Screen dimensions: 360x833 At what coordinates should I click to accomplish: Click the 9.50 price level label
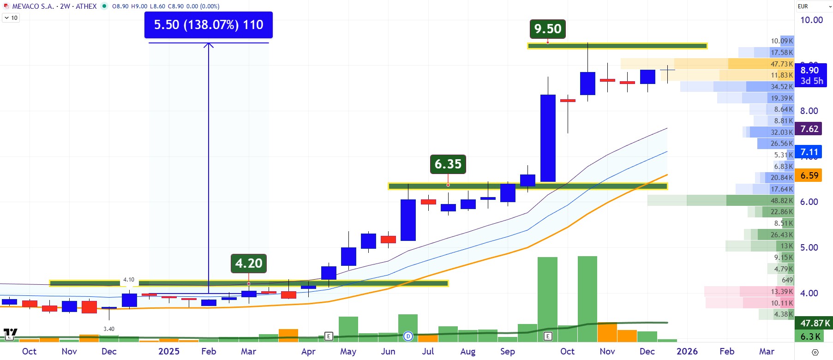point(547,29)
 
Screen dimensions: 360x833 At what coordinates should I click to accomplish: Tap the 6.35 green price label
point(448,164)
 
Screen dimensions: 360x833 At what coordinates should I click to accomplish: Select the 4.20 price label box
point(248,264)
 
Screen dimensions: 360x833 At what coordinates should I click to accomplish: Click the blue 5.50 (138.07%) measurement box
point(208,25)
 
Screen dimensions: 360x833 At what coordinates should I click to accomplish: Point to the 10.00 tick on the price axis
point(811,20)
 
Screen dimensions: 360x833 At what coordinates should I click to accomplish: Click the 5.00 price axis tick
point(809,247)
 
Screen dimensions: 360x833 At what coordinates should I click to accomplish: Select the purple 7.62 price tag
point(809,129)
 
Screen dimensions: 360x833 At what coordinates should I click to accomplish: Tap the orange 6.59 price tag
point(809,175)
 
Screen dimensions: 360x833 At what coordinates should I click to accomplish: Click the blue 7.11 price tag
point(809,152)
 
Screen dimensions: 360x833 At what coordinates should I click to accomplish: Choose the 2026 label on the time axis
point(687,351)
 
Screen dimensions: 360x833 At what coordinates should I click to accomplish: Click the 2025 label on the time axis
point(168,351)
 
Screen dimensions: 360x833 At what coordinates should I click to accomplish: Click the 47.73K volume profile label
point(781,64)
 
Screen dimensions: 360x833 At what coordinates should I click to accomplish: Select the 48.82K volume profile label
point(781,201)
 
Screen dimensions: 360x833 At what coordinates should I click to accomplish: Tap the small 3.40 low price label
point(109,329)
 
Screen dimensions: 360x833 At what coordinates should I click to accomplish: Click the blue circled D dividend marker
point(408,336)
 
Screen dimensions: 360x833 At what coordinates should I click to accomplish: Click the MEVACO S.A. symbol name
point(33,6)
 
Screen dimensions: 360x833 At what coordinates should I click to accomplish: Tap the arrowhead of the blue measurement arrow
point(209,45)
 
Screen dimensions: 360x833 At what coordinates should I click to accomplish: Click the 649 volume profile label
point(787,280)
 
